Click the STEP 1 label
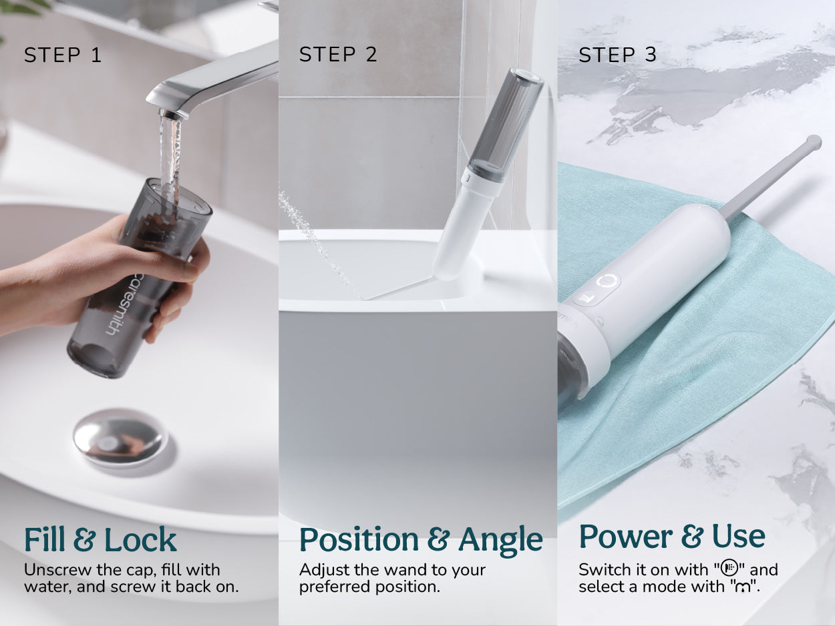point(63,55)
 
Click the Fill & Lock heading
point(100,539)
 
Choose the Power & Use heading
point(672,536)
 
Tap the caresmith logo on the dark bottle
point(123,304)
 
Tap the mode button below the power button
point(582,298)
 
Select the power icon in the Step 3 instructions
point(729,568)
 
